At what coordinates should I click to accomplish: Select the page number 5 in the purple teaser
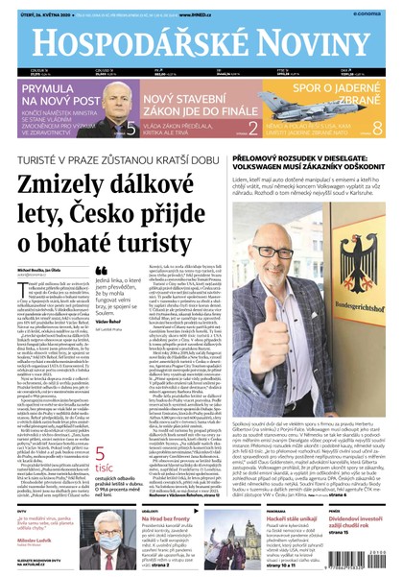pyautogui.click(x=131, y=126)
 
